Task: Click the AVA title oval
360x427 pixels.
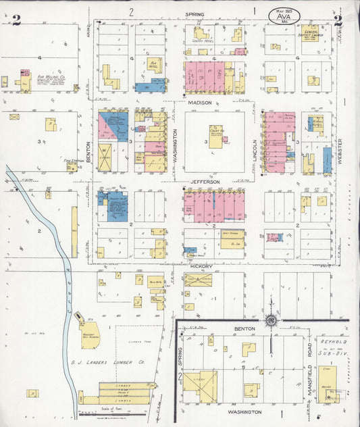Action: coord(284,15)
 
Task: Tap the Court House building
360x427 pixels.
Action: coord(215,136)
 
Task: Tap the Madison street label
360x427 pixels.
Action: coord(200,102)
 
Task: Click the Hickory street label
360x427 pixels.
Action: coord(203,266)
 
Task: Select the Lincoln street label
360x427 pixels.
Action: coord(254,150)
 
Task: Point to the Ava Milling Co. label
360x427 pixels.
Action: coord(50,78)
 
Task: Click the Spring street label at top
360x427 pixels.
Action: coord(195,13)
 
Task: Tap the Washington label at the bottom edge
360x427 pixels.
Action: coord(245,411)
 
